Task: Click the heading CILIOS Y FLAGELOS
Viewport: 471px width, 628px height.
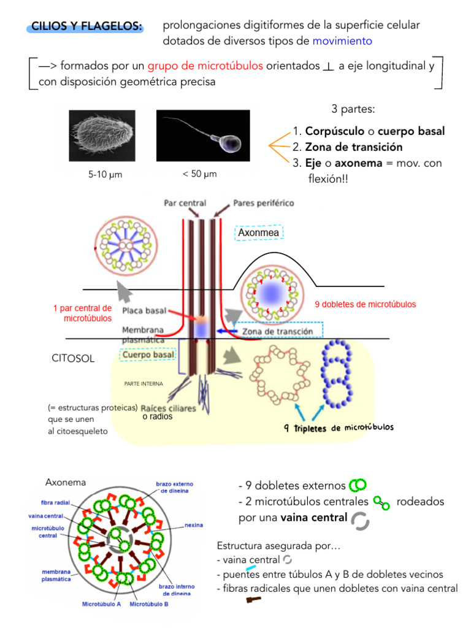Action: [86, 27]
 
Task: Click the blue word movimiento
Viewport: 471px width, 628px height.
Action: [342, 41]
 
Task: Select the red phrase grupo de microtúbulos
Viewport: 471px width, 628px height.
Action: [205, 66]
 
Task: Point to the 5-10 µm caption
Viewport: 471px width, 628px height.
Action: [105, 175]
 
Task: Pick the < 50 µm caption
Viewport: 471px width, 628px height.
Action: [200, 174]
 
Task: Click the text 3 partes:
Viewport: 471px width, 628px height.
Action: [353, 109]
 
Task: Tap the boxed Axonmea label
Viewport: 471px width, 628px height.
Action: [258, 233]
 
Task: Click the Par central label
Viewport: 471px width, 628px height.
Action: [185, 202]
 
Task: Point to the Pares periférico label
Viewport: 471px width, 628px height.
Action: [263, 202]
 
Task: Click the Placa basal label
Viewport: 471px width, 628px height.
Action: [142, 311]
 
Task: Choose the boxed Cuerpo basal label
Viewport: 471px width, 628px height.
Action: [148, 354]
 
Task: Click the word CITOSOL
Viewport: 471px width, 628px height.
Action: [73, 359]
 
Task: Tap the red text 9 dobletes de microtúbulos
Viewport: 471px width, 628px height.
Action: [365, 304]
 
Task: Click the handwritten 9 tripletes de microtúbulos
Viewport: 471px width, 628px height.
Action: [339, 427]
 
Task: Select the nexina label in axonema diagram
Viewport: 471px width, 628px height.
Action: [194, 526]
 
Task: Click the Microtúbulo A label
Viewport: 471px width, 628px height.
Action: [102, 603]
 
